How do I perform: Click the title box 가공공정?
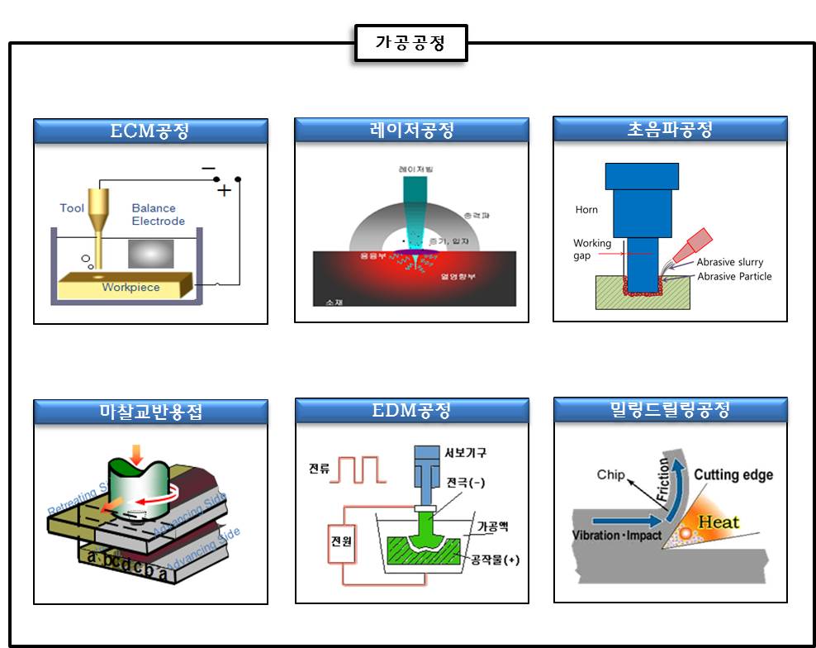click(410, 42)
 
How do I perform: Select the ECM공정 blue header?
click(150, 131)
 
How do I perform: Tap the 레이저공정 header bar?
click(411, 130)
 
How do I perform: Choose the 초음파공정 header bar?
click(670, 128)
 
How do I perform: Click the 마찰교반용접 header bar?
click(150, 412)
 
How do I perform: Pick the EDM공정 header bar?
click(411, 411)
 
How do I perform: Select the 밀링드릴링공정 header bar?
click(670, 409)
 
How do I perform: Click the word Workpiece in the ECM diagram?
click(130, 288)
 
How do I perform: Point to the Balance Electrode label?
click(158, 215)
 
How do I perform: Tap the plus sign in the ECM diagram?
click(224, 191)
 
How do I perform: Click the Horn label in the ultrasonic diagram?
click(586, 210)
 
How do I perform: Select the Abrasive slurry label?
click(729, 262)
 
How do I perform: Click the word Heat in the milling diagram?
click(719, 522)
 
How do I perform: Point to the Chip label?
click(611, 474)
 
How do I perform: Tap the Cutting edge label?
click(733, 474)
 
